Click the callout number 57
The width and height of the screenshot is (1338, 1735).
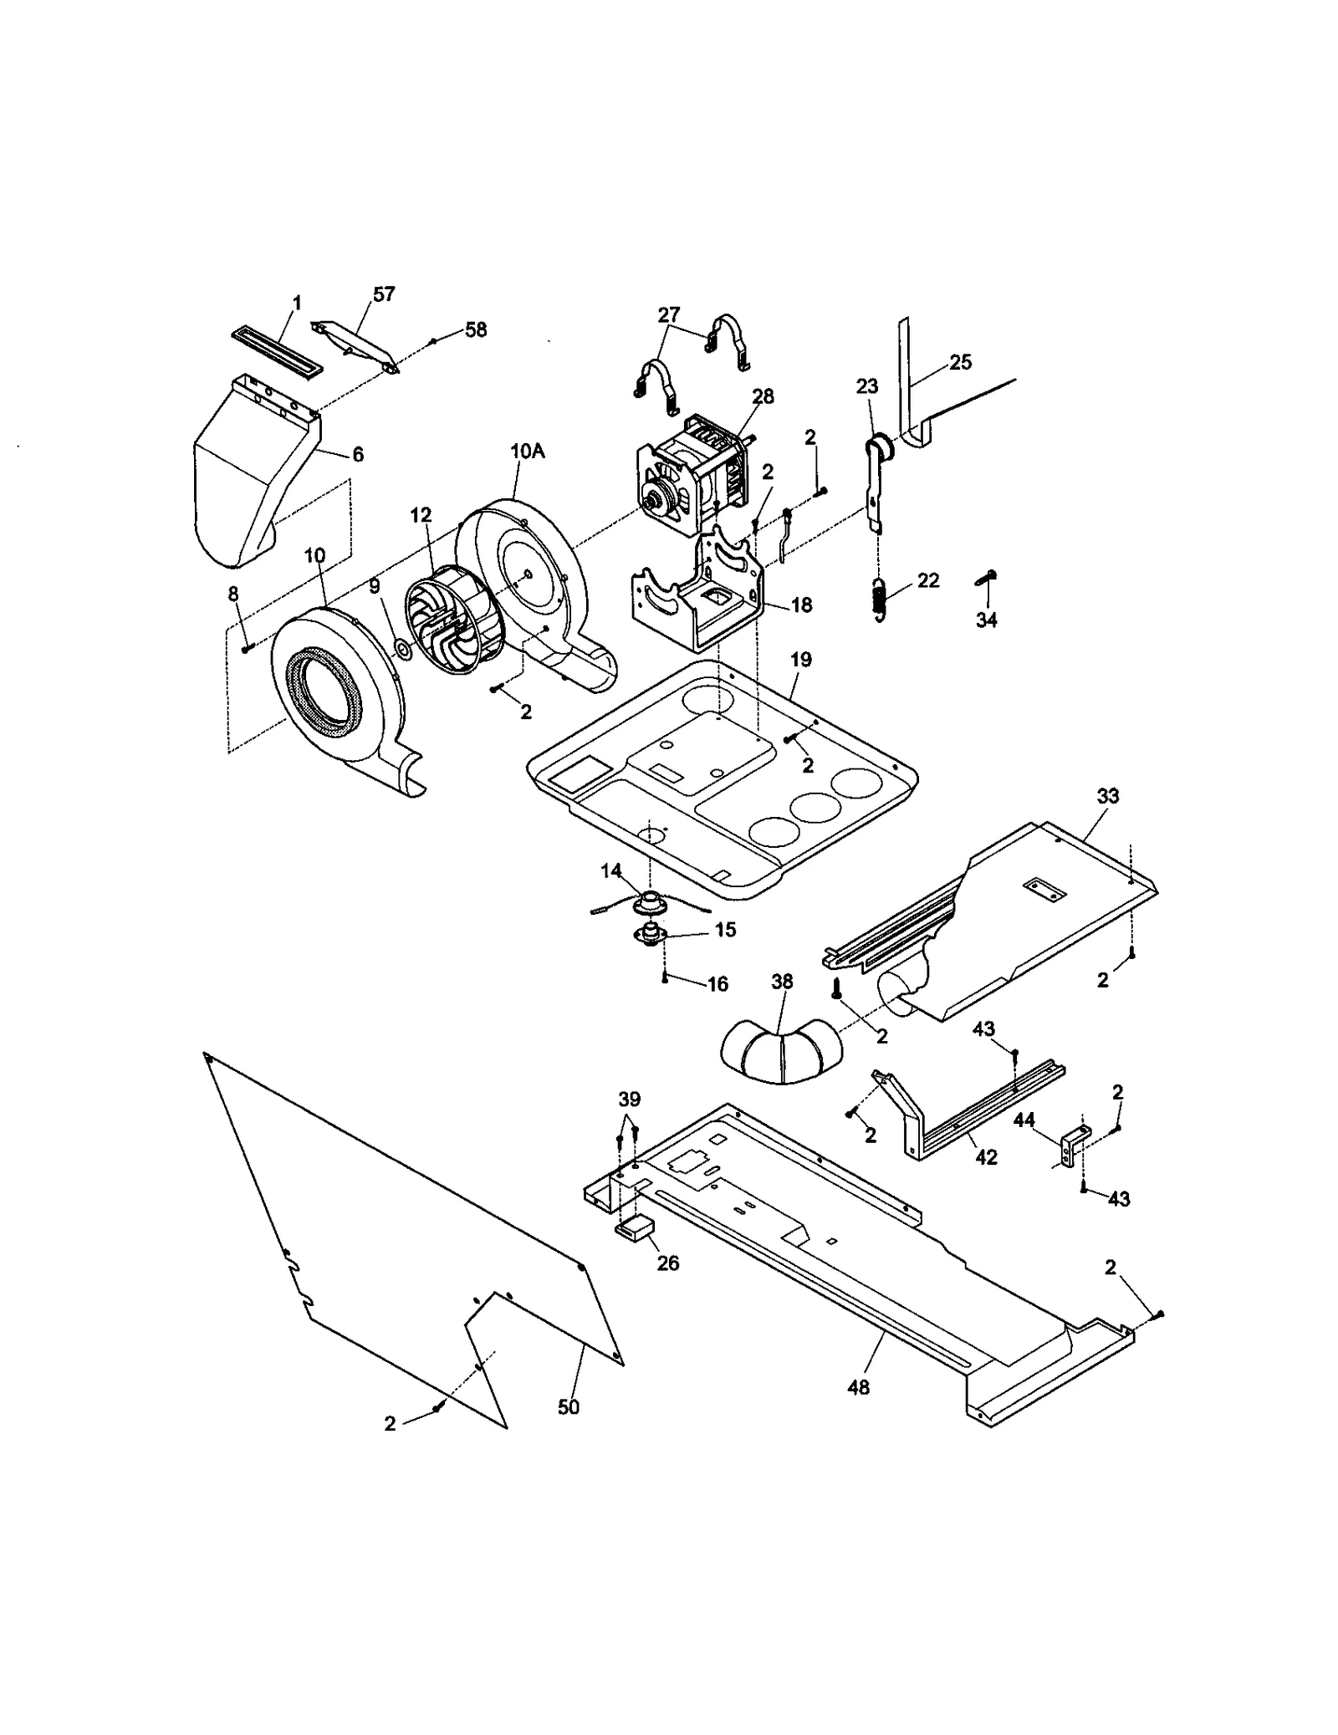384,293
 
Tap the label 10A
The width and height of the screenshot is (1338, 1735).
527,451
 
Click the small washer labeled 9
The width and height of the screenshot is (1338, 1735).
401,649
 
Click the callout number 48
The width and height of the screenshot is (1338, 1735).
859,1387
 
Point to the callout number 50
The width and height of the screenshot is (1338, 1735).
569,1407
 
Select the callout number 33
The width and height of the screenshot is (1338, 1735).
1107,796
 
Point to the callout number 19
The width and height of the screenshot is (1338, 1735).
800,660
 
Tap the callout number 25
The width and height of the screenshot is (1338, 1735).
961,362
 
